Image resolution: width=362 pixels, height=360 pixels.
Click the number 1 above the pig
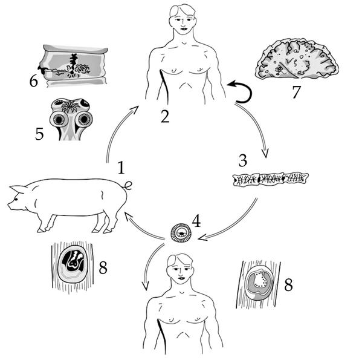pos(121,168)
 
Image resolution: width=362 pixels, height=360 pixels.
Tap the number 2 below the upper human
pos(166,116)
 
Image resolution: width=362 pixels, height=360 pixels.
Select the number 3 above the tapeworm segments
pos(242,160)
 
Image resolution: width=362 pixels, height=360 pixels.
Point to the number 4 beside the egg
pos(196,221)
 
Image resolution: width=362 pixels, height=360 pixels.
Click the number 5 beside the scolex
pos(39,134)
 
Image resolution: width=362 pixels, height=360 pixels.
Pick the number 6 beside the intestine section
pos(34,81)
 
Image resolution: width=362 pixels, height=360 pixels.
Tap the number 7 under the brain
pos(296,92)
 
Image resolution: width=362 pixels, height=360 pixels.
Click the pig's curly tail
pos(128,185)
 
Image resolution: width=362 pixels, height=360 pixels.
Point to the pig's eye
pos(16,199)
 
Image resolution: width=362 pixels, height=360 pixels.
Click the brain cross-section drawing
pos(297,59)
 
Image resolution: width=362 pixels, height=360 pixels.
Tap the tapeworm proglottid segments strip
pos(271,179)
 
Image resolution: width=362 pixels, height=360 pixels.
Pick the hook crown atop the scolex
pos(69,106)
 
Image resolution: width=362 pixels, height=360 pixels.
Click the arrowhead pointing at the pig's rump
pos(128,217)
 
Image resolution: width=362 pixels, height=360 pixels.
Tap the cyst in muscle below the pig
pos(73,265)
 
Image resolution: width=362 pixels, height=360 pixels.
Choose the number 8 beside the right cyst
pos(288,285)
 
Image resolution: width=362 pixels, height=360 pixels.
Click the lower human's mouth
pos(181,278)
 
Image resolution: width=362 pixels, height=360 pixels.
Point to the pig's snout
pos(9,205)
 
